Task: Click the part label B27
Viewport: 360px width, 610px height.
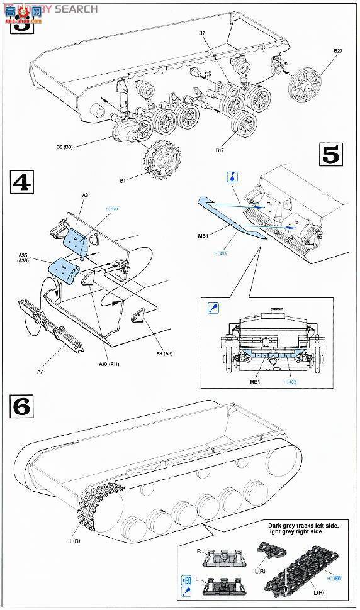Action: [337, 51]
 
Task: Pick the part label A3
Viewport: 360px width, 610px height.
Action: [85, 196]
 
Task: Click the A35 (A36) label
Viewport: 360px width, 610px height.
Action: [26, 258]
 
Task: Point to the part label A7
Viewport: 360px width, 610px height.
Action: [40, 372]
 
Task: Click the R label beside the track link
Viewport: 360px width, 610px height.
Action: [199, 552]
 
